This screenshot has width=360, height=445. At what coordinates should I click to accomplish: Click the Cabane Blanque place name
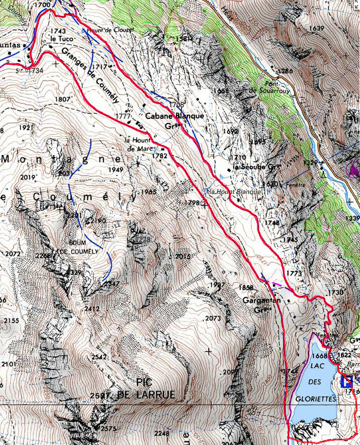coord(174,116)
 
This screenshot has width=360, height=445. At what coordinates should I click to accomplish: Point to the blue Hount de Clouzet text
coord(110,31)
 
